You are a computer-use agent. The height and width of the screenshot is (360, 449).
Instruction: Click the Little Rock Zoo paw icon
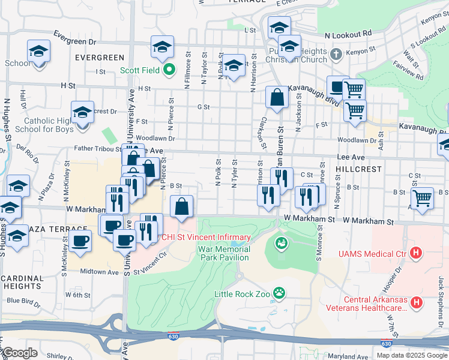[x=279, y=293]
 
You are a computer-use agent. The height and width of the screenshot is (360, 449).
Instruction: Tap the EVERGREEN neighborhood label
[x=100, y=58]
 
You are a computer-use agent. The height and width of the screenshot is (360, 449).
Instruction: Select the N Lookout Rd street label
[x=348, y=34]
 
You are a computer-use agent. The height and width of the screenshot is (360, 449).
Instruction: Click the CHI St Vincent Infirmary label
[x=193, y=237]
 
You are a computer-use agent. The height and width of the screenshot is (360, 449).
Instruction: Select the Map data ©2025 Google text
[x=411, y=355]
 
